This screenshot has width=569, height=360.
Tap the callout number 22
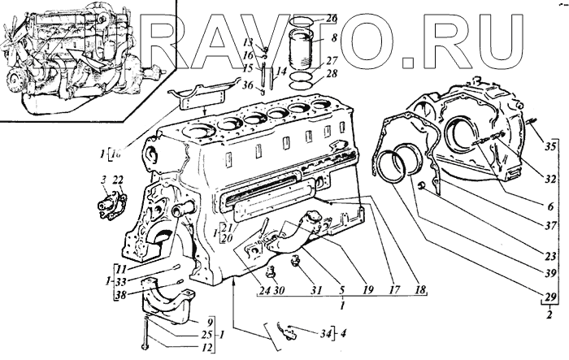click(119, 180)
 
